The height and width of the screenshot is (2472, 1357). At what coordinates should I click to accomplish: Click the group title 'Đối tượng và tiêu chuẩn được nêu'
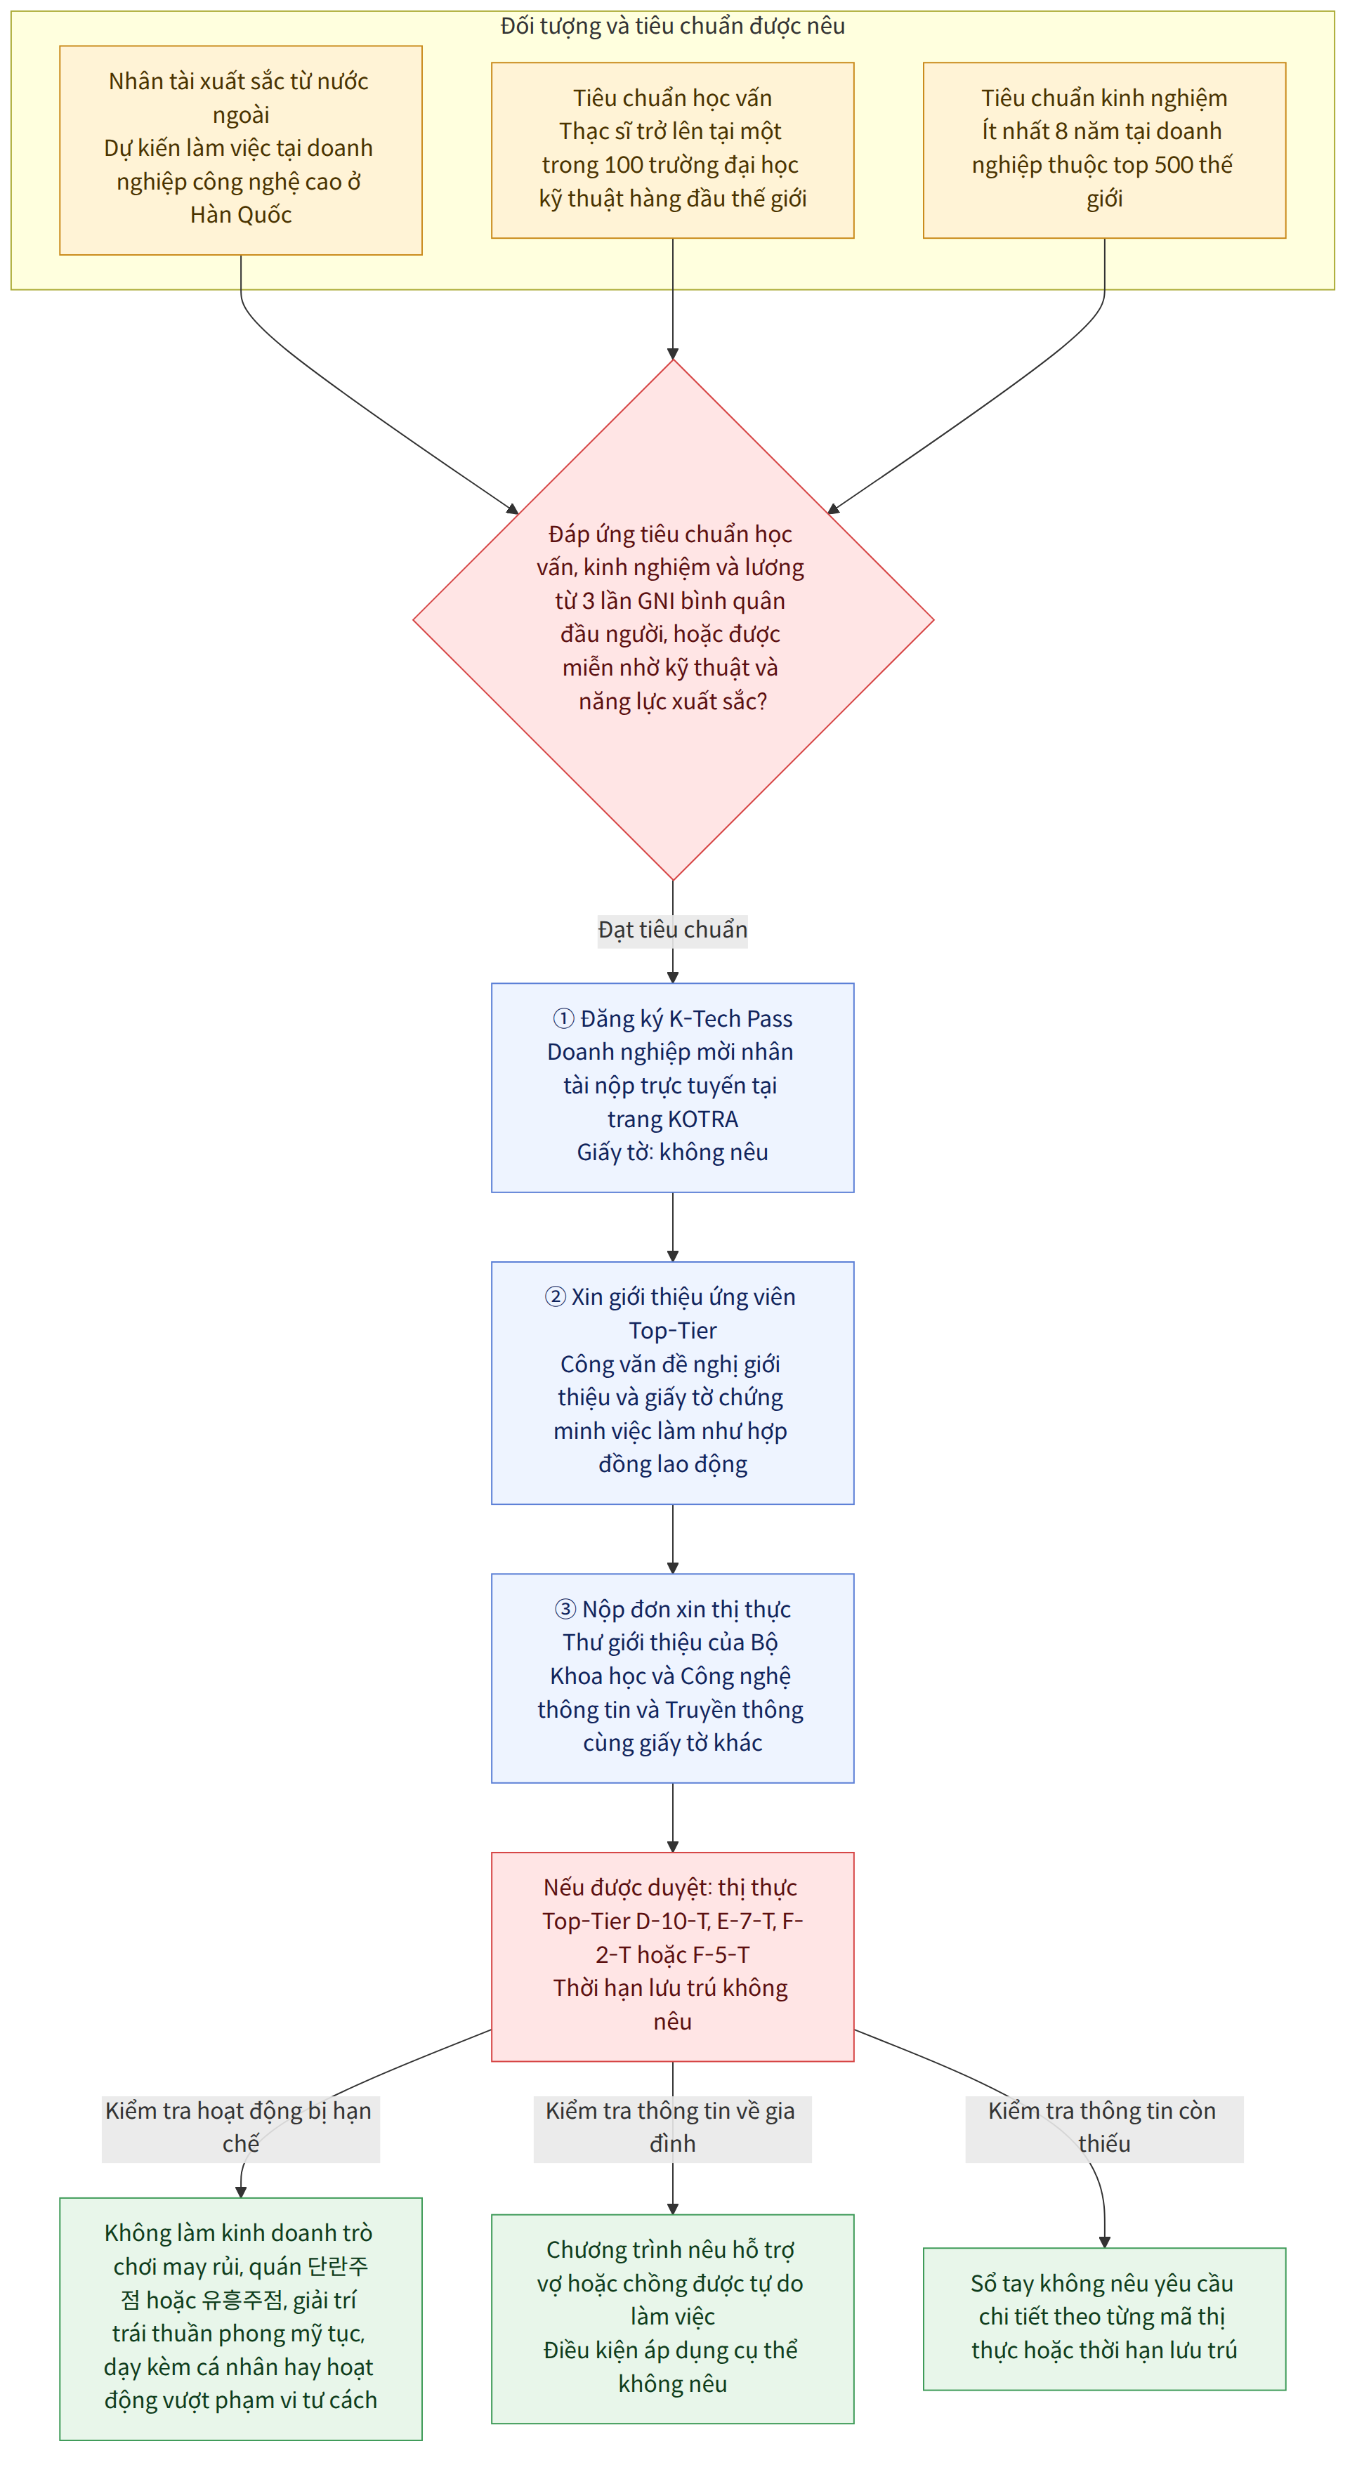(673, 26)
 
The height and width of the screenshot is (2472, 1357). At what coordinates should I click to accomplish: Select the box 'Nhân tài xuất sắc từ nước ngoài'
(241, 151)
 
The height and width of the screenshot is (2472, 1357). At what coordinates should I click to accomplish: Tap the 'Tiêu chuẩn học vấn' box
(673, 151)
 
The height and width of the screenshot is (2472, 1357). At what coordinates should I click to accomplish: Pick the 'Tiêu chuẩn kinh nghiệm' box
(1105, 151)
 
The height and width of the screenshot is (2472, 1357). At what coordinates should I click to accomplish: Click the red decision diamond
(673, 620)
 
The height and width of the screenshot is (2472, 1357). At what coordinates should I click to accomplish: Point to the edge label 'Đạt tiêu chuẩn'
(673, 930)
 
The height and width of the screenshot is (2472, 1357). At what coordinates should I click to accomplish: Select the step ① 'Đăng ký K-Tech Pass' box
(673, 1089)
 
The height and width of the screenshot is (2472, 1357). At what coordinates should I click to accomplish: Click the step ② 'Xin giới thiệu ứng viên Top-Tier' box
(673, 1383)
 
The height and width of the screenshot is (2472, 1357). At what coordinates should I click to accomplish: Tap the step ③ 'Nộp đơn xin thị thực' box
(673, 1678)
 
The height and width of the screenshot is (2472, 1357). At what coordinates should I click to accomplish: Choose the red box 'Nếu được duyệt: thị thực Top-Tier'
(673, 1957)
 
